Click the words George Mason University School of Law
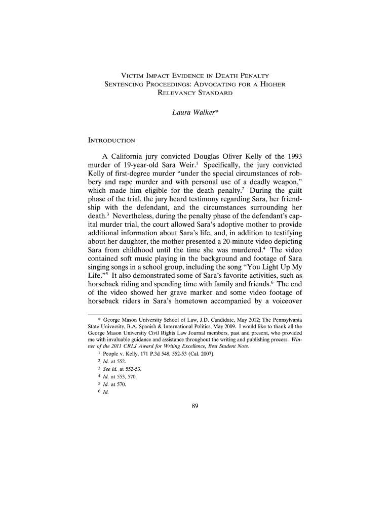(146, 320)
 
